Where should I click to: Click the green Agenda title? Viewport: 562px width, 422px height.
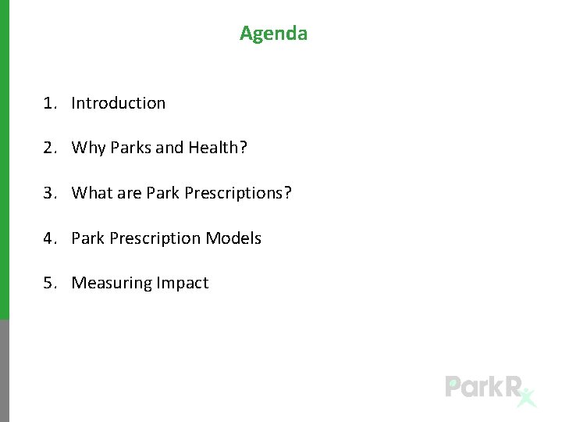(273, 34)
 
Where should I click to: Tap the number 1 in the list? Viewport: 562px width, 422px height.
(48, 103)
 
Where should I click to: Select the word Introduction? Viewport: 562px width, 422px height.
(119, 103)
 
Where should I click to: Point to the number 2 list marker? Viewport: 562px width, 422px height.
(48, 148)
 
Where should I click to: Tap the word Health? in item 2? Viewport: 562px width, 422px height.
(218, 148)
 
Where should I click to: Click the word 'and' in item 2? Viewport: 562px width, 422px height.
(169, 148)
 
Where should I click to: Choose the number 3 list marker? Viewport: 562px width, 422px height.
(48, 193)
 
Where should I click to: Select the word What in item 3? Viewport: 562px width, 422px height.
(92, 193)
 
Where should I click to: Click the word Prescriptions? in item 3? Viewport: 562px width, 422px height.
(238, 193)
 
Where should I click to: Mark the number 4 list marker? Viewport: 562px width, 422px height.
(48, 238)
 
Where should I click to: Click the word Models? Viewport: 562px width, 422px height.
(233, 238)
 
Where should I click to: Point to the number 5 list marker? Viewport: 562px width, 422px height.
(48, 283)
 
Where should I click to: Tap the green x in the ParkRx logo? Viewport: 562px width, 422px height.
(528, 398)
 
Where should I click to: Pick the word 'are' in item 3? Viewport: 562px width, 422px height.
(129, 193)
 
